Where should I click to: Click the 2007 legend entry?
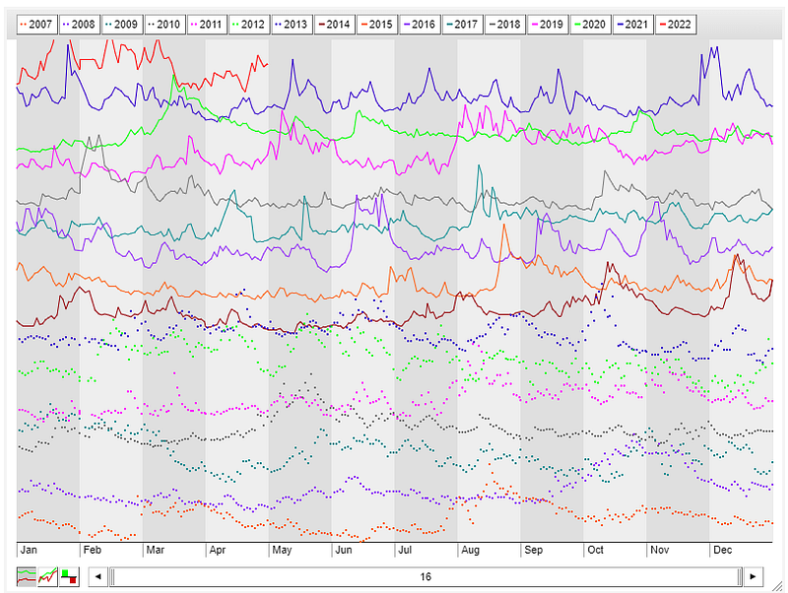pyautogui.click(x=37, y=24)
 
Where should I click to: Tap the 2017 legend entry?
pyautogui.click(x=462, y=24)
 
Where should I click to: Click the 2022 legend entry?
pyautogui.click(x=672, y=24)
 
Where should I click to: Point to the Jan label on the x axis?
pyautogui.click(x=29, y=550)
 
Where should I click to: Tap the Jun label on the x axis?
pyautogui.click(x=344, y=550)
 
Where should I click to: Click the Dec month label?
pyautogui.click(x=722, y=550)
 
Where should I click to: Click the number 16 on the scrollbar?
pyautogui.click(x=426, y=576)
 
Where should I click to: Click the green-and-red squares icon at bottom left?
pyautogui.click(x=69, y=576)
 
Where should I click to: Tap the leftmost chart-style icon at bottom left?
pyautogui.click(x=27, y=576)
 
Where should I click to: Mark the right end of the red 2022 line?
pyautogui.click(x=268, y=65)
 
